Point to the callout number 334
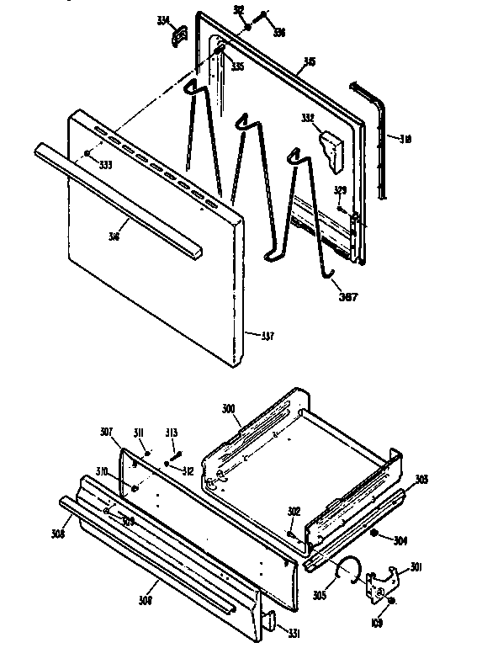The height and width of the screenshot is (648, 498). [x=163, y=20]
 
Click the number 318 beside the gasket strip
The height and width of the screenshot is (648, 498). [x=405, y=139]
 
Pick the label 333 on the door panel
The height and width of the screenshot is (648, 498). [x=104, y=165]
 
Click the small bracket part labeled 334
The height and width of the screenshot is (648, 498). [x=177, y=35]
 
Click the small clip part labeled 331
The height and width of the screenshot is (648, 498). [x=271, y=622]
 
